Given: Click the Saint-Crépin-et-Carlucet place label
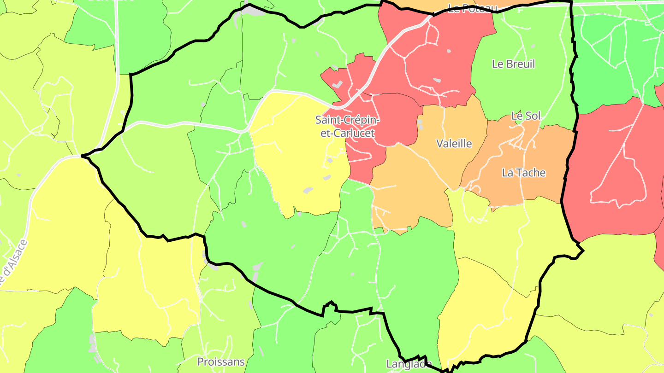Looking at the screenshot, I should click(x=348, y=127).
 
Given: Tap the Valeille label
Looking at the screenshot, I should click(x=454, y=144).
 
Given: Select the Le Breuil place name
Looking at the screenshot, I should click(x=514, y=64).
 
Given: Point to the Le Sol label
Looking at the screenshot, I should click(x=526, y=116).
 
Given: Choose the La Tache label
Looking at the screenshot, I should click(x=524, y=173).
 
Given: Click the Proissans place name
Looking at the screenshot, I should click(x=221, y=361).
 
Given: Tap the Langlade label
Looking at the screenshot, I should click(x=409, y=364).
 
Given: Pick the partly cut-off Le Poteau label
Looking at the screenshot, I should click(x=473, y=8).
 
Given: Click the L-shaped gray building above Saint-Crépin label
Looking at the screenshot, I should click(x=337, y=85).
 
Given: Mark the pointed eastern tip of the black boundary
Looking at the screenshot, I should click(x=583, y=251).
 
